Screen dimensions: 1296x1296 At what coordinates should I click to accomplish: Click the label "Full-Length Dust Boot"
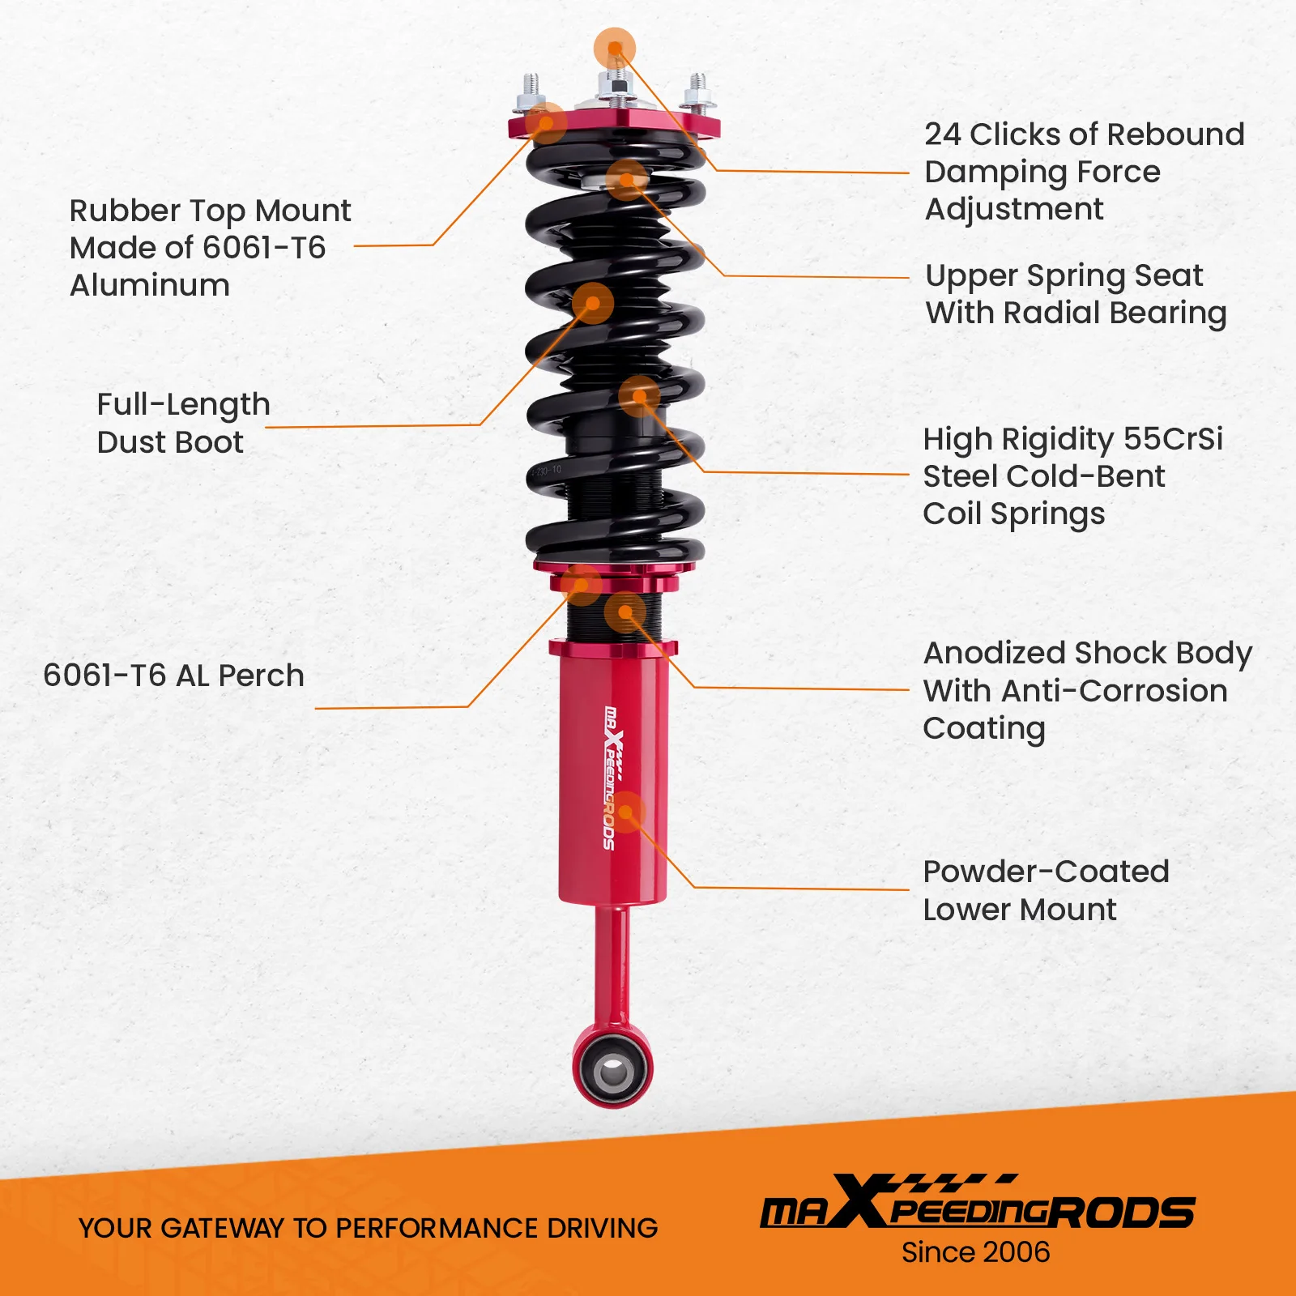coord(183,423)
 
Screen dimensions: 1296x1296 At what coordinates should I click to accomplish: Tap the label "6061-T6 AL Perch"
coord(173,676)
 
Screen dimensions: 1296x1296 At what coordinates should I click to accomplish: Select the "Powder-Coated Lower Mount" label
coord(1045,890)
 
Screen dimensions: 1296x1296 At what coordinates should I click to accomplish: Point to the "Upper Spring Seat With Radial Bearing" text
coord(1076,294)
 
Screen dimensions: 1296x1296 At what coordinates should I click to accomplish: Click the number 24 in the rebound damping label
coord(943,134)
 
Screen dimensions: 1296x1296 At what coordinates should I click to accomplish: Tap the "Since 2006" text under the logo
coord(975,1252)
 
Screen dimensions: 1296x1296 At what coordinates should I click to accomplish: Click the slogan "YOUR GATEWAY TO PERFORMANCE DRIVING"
coord(368,1228)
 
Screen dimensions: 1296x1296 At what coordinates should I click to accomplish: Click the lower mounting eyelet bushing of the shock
coord(612,1072)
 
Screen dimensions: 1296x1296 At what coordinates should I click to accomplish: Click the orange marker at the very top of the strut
coord(615,48)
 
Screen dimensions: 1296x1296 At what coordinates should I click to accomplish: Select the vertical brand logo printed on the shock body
coord(611,778)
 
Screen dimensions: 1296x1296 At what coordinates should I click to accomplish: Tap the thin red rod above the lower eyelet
coord(612,964)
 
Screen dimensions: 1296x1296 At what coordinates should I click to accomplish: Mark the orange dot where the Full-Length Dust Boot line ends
coord(593,303)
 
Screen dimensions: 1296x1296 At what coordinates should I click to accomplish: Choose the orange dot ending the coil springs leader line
coord(640,396)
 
